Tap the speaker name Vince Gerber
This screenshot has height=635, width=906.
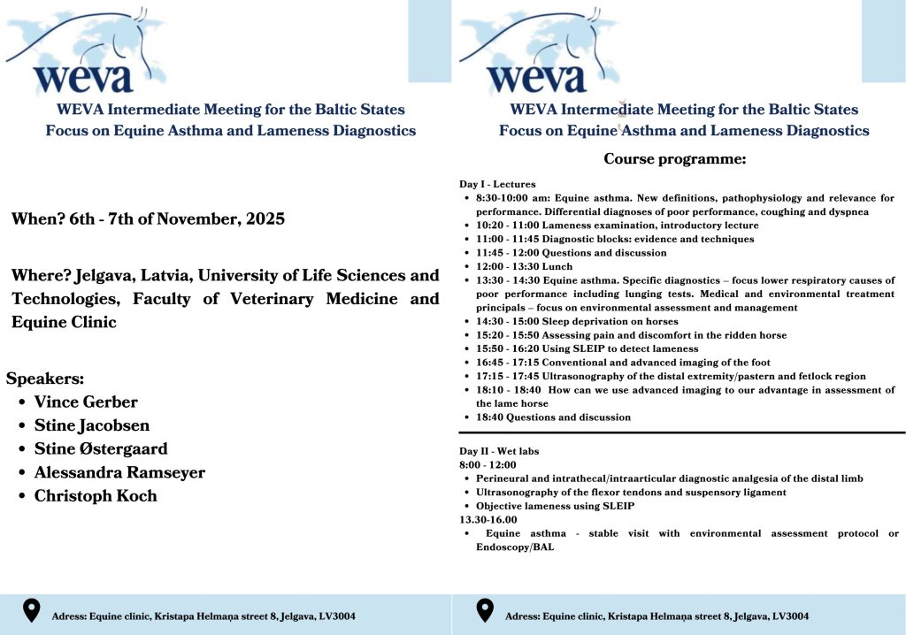(x=86, y=402)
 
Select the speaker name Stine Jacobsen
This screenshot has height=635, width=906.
(x=91, y=425)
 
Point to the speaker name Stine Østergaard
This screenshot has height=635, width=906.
(x=100, y=448)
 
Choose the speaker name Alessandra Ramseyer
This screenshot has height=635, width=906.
(x=119, y=472)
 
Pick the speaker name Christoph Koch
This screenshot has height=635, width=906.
(x=96, y=495)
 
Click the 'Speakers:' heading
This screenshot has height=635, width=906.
(x=45, y=379)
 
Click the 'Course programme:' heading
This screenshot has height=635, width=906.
(x=674, y=159)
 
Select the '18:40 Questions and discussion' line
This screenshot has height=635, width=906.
(x=553, y=417)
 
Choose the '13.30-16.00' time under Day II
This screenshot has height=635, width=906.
(x=488, y=520)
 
